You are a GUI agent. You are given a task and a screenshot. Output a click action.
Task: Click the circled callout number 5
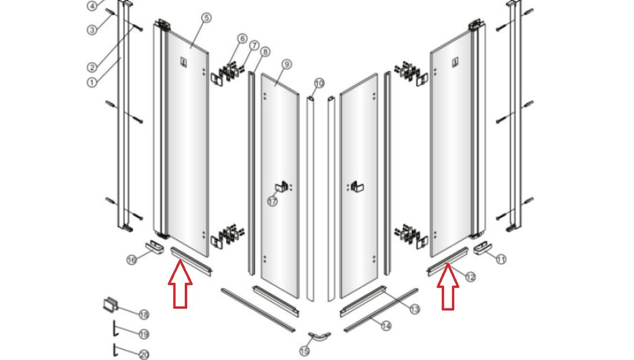pyautogui.click(x=207, y=18)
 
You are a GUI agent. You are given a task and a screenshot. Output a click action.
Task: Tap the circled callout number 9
pyautogui.click(x=287, y=64)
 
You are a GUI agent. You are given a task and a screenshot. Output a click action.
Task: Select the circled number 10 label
pyautogui.click(x=319, y=84)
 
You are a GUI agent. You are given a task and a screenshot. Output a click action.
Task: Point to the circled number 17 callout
pyautogui.click(x=273, y=201)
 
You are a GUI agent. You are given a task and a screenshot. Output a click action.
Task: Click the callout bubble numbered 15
pyautogui.click(x=304, y=352)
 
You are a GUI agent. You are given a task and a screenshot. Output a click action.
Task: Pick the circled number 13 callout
pyautogui.click(x=415, y=309)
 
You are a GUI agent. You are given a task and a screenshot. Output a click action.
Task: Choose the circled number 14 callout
pyautogui.click(x=386, y=326)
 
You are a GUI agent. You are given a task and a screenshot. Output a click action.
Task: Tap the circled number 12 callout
pyautogui.click(x=470, y=276)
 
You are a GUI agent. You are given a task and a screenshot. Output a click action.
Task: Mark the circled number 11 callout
pyautogui.click(x=501, y=259)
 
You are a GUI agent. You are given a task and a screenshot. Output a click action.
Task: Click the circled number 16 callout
pyautogui.click(x=132, y=260)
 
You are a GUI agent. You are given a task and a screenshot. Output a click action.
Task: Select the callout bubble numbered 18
pyautogui.click(x=144, y=315)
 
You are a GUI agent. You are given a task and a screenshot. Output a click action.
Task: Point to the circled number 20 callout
pyautogui.click(x=144, y=355)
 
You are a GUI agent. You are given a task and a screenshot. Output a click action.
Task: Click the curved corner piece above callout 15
pyautogui.click(x=319, y=337)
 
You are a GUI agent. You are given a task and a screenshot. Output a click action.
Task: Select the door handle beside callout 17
pyautogui.click(x=282, y=187)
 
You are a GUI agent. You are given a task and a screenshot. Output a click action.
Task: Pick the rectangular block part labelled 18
pyautogui.click(x=110, y=305)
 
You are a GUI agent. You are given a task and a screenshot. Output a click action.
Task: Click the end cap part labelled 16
pyautogui.click(x=155, y=247)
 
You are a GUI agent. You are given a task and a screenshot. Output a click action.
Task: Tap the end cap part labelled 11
pyautogui.click(x=483, y=248)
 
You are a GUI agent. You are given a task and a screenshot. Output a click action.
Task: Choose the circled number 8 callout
pyautogui.click(x=265, y=52)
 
